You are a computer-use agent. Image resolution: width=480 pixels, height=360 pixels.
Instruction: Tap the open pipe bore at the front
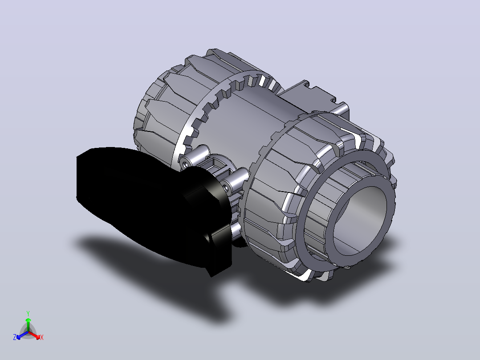tap(360, 221)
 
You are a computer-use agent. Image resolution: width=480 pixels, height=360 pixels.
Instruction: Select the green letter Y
tap(28, 313)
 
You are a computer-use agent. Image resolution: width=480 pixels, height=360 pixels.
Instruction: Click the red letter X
tap(42, 337)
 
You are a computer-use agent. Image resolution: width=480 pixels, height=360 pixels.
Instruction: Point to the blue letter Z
tap(14, 337)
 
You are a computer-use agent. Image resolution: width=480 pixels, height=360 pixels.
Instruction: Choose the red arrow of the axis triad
tap(34, 335)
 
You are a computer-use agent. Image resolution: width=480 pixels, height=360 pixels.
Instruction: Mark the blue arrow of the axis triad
tap(22, 335)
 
